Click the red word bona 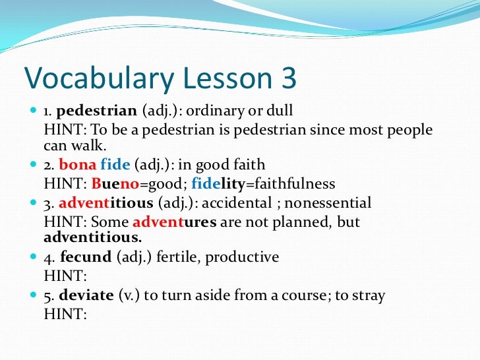[78, 165]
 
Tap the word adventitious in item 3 [99, 202]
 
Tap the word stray [369, 295]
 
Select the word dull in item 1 [280, 110]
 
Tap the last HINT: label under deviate [65, 315]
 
